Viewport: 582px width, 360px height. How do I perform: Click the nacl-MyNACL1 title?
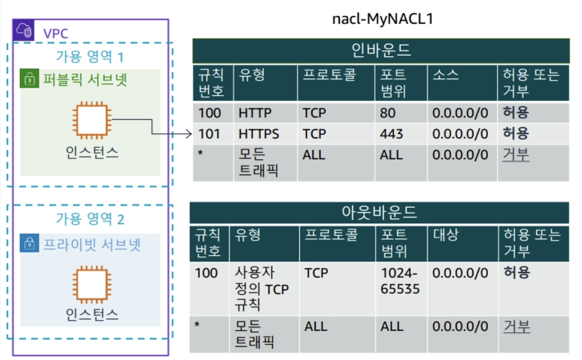click(383, 20)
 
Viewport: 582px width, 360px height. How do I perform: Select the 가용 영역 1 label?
click(90, 56)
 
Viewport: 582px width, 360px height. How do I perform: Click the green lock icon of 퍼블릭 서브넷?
click(29, 79)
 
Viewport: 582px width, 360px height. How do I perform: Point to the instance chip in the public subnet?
click(92, 120)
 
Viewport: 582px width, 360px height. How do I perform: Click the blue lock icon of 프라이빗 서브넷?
click(29, 244)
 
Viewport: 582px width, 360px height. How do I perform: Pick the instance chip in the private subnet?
click(92, 284)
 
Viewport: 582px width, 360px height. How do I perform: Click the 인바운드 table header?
click(381, 51)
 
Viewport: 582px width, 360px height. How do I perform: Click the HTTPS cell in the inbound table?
click(259, 134)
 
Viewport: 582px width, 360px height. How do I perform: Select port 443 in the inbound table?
click(391, 134)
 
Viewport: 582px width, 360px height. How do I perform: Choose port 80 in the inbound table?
click(387, 113)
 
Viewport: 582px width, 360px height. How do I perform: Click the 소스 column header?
click(445, 76)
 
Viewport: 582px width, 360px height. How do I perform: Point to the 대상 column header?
click(445, 236)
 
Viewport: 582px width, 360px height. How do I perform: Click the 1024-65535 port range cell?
click(400, 281)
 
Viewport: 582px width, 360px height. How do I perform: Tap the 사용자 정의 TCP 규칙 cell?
click(261, 289)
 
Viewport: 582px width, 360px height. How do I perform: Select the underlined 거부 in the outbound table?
click(517, 327)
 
